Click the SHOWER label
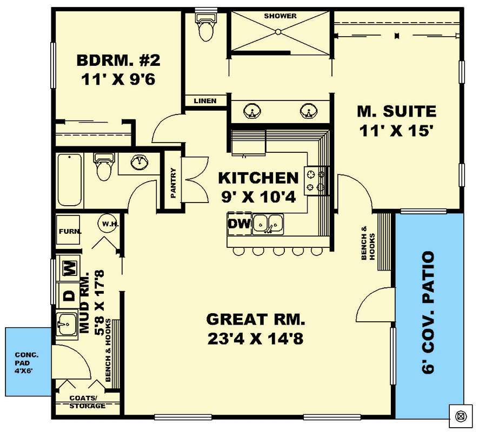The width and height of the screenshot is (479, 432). click(x=280, y=16)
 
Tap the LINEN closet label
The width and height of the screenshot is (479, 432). click(x=205, y=101)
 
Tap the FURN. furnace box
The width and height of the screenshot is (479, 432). click(x=69, y=231)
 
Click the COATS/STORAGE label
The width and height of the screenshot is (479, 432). click(x=87, y=402)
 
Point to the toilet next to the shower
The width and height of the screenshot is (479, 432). click(x=205, y=27)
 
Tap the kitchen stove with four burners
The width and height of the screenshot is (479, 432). click(x=316, y=180)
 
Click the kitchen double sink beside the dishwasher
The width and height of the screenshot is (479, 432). click(x=268, y=223)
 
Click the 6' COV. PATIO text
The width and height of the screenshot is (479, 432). click(x=430, y=313)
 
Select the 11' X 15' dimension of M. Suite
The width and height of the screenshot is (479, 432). click(x=396, y=131)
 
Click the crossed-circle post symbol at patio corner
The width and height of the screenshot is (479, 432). click(x=460, y=415)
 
